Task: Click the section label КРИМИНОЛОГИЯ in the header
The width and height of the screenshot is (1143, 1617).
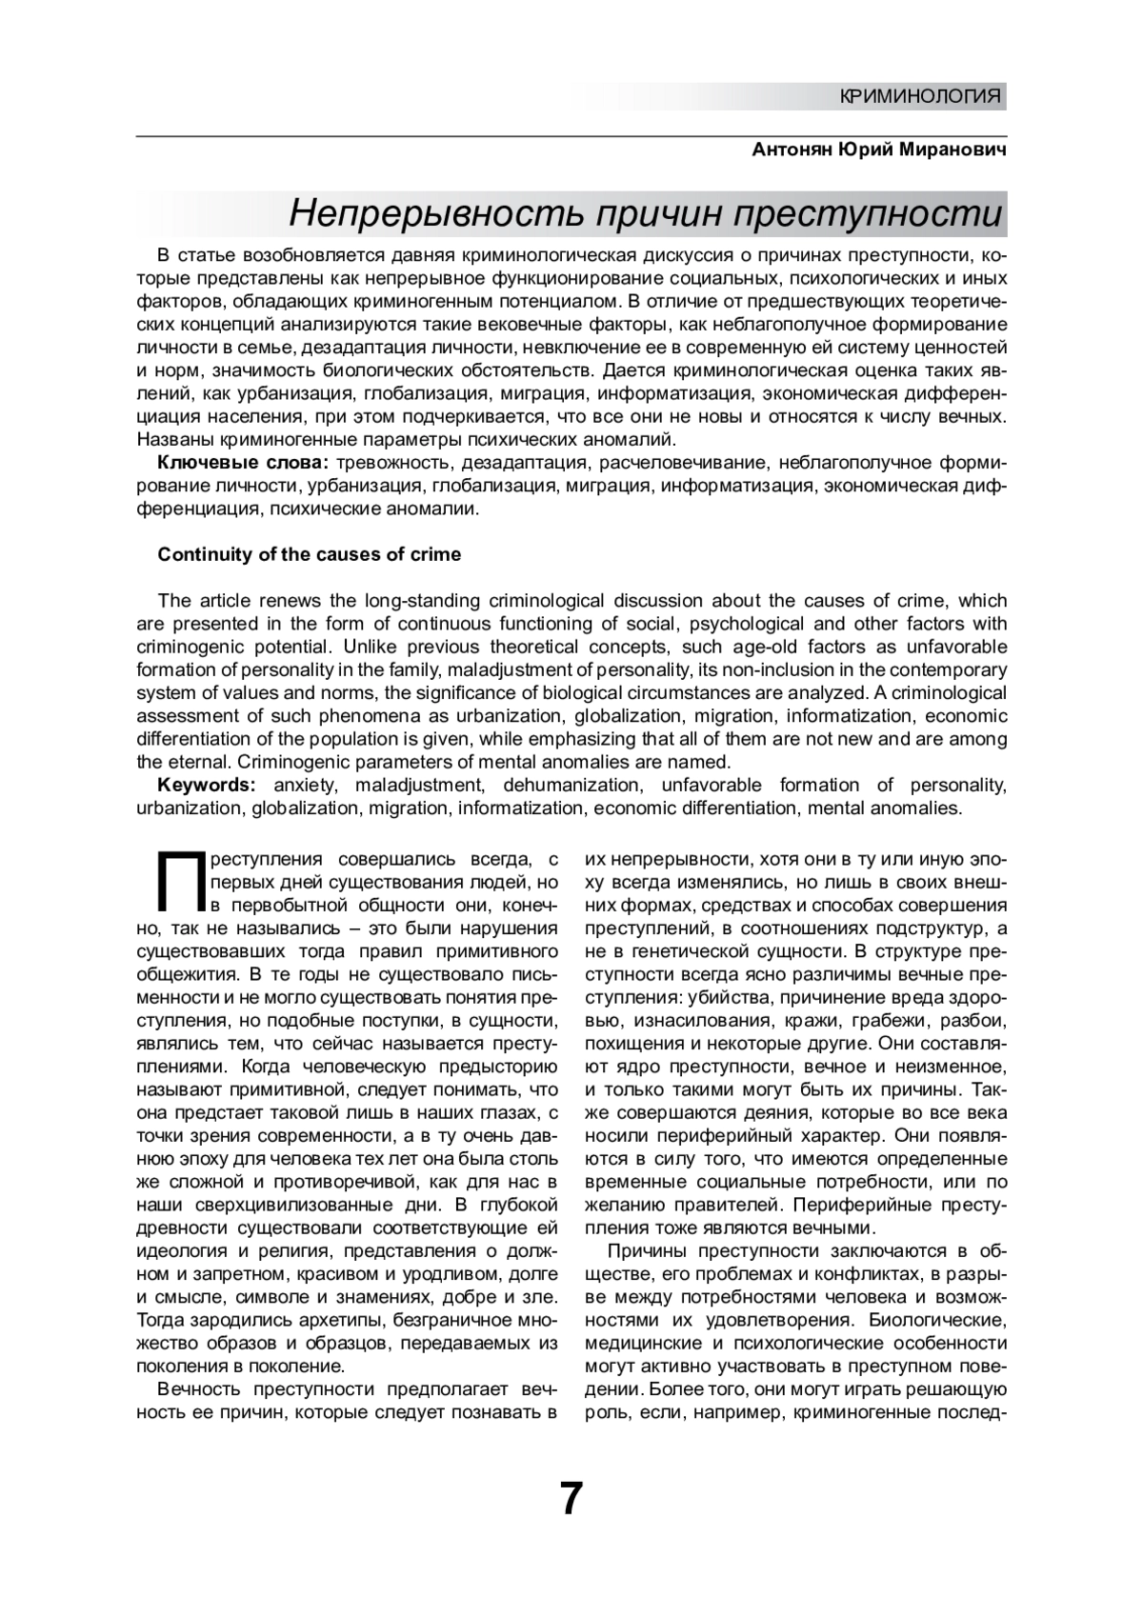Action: [921, 96]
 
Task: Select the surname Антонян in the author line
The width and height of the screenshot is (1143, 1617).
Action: [792, 151]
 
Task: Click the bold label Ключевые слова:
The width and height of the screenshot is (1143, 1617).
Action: [243, 463]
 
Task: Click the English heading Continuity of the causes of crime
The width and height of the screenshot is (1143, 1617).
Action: [309, 554]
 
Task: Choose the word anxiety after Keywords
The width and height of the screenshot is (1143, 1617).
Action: [305, 786]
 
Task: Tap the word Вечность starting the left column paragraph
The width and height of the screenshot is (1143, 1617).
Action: [199, 1388]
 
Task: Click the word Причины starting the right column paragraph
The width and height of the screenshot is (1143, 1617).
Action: [647, 1250]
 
